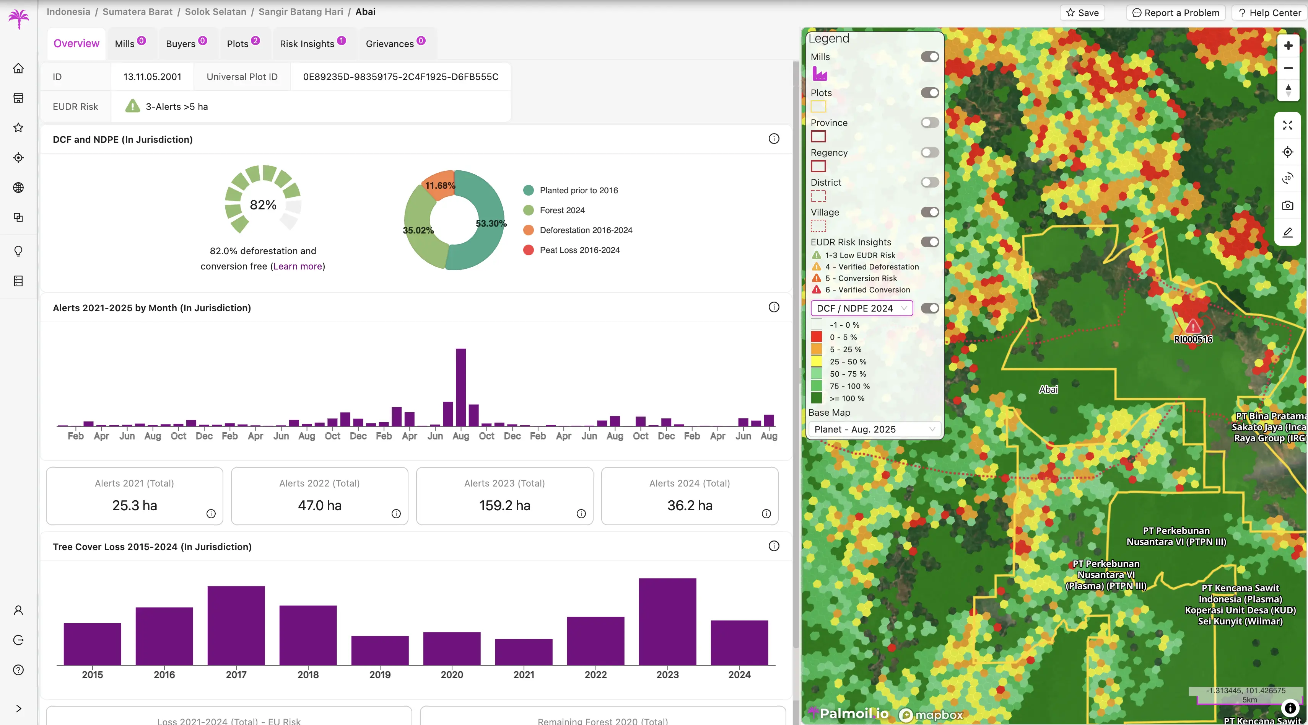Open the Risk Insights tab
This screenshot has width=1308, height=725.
coord(307,44)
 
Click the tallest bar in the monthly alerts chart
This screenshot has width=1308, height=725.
coord(460,387)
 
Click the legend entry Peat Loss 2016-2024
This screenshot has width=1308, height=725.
coord(579,250)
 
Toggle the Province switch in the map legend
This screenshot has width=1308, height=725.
coord(930,122)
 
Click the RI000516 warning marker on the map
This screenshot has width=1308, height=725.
coord(1193,326)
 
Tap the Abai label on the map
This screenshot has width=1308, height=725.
coord(1048,390)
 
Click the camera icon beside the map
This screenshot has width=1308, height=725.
coord(1287,205)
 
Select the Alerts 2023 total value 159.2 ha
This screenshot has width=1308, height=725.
coord(504,506)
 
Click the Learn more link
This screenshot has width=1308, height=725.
coord(298,266)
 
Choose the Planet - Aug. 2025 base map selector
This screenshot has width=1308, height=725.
coord(874,429)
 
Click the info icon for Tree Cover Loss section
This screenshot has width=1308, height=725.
coord(773,546)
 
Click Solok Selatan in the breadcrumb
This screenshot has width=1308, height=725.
coord(215,12)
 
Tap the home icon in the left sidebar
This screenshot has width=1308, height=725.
coord(18,68)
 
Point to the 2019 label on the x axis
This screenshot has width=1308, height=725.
coord(380,675)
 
